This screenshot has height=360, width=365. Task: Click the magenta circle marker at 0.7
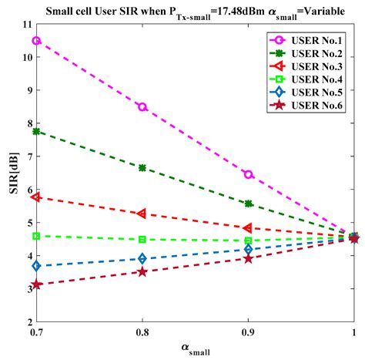click(36, 40)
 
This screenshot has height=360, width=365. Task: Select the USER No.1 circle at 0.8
click(142, 106)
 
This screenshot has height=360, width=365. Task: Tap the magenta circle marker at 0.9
click(248, 174)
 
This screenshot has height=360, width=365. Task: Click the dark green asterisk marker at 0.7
click(36, 131)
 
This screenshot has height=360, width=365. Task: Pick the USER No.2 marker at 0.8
click(142, 167)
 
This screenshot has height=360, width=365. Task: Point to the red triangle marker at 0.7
click(36, 197)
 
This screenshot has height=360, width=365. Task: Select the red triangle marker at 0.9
click(248, 228)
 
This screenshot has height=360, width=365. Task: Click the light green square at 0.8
click(142, 239)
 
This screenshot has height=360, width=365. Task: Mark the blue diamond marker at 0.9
click(248, 249)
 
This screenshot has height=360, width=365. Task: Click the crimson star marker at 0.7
click(36, 284)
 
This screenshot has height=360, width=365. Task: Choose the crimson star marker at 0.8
click(142, 271)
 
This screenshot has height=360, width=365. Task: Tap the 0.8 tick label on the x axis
click(142, 333)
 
